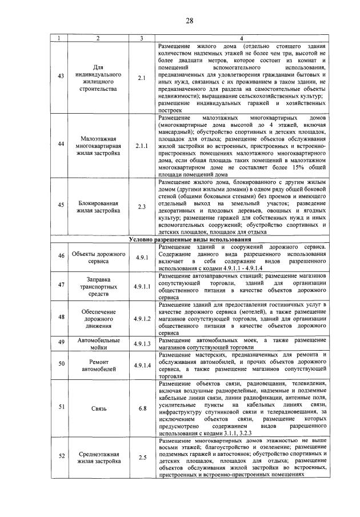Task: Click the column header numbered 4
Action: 241,38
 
